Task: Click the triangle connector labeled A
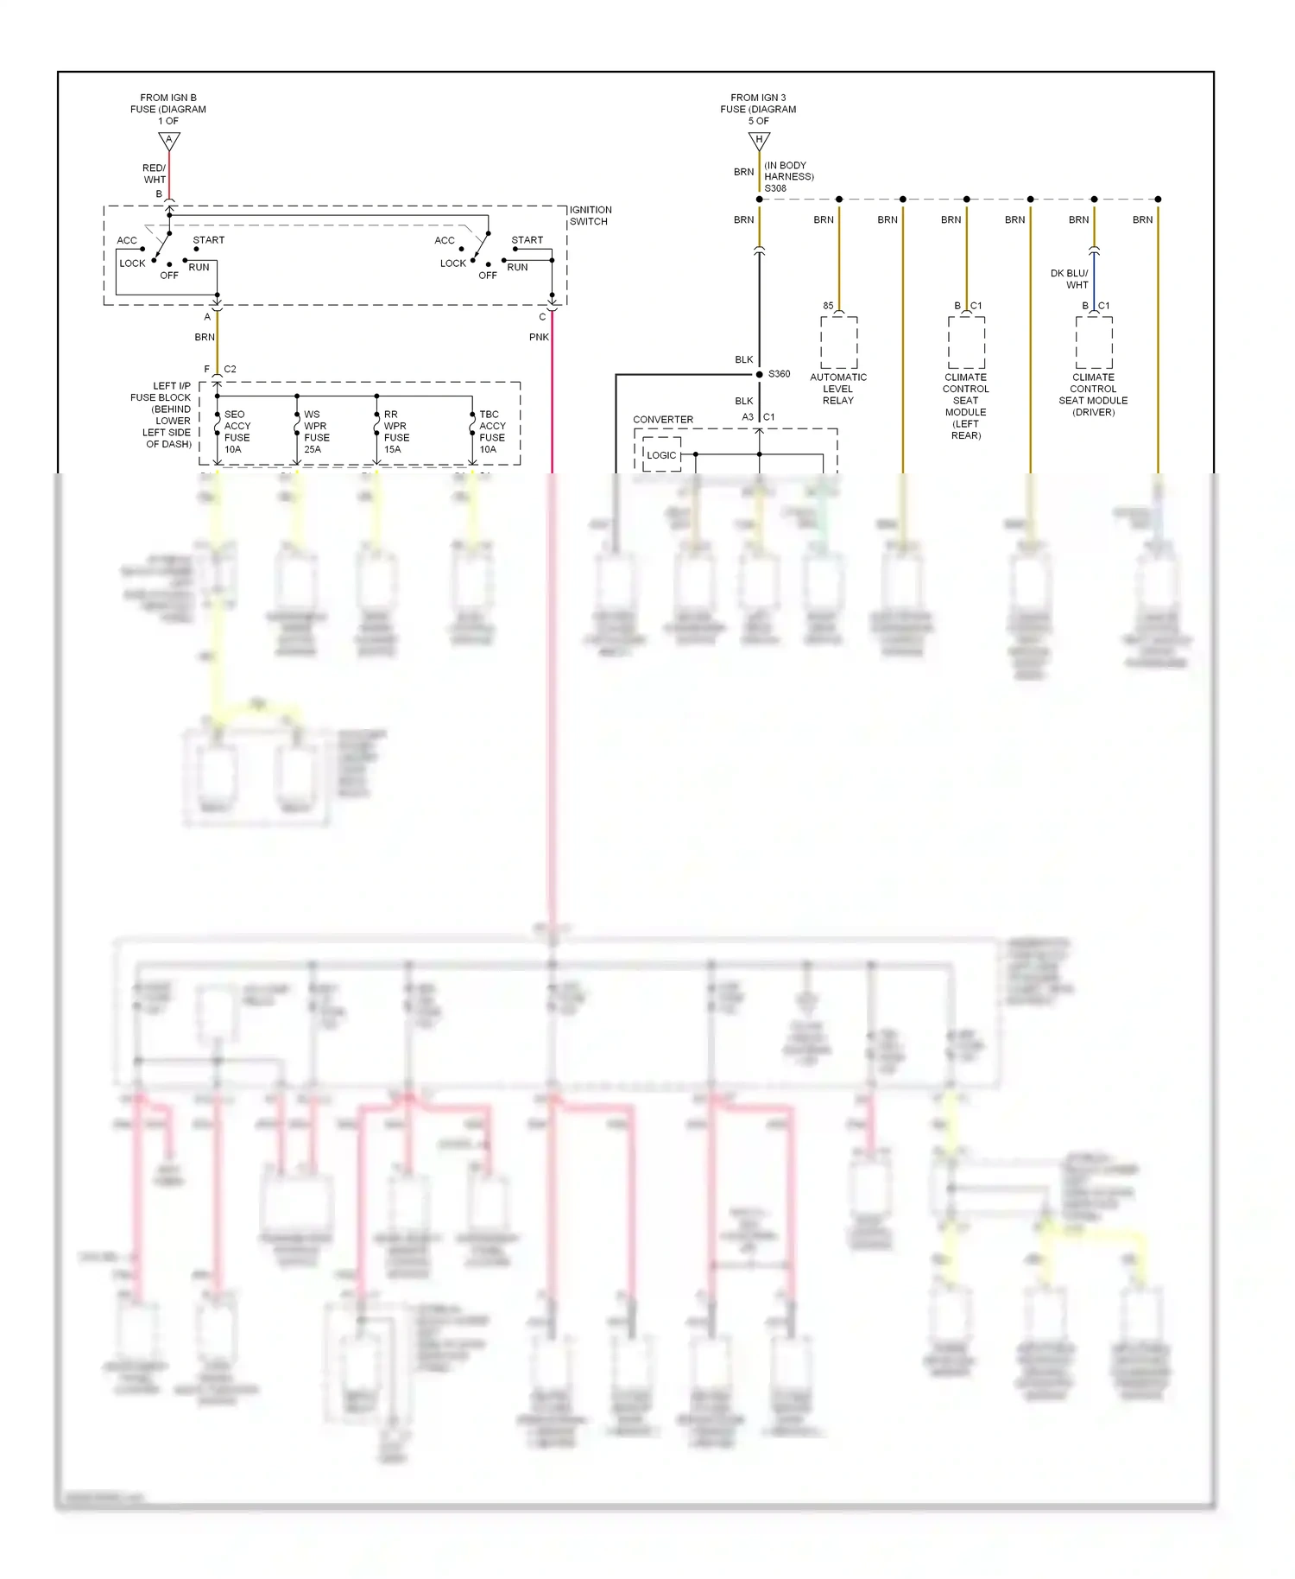coord(169,140)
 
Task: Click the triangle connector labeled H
coord(759,140)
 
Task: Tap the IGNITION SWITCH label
coord(591,216)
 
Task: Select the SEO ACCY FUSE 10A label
coord(237,432)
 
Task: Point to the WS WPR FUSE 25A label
coord(316,432)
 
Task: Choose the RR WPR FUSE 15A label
coord(395,432)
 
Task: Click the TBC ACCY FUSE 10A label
coord(492,432)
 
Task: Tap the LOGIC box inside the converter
coord(661,455)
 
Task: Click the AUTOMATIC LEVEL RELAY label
coord(837,389)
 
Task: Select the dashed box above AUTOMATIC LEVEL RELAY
coord(838,342)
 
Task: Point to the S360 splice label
coord(779,374)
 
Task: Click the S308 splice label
coord(775,188)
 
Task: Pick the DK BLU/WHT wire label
coord(1070,279)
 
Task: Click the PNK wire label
coord(539,337)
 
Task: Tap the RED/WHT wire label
coord(154,174)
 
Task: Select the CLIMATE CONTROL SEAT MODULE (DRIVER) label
coord(1093,395)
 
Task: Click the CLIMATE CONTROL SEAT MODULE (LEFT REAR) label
coord(965,406)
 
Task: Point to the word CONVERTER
coord(663,420)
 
